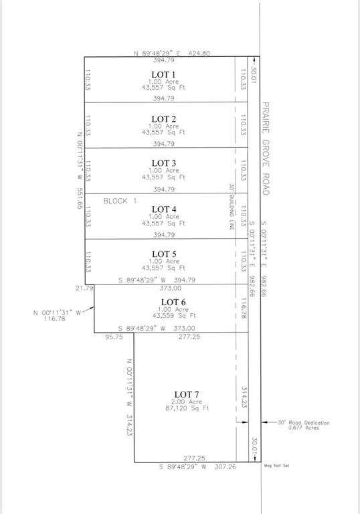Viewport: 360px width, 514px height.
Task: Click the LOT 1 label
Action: (163, 74)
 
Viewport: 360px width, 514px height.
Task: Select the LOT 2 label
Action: (163, 118)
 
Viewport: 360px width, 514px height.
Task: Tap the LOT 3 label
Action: (163, 163)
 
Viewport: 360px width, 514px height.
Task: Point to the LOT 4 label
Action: (163, 209)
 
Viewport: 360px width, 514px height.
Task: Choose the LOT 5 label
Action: (163, 254)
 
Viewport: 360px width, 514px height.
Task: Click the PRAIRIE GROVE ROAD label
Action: (265, 149)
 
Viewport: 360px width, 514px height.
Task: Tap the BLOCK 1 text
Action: (120, 200)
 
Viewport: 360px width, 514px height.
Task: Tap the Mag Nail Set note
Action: (278, 466)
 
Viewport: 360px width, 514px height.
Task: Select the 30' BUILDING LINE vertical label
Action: (231, 207)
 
